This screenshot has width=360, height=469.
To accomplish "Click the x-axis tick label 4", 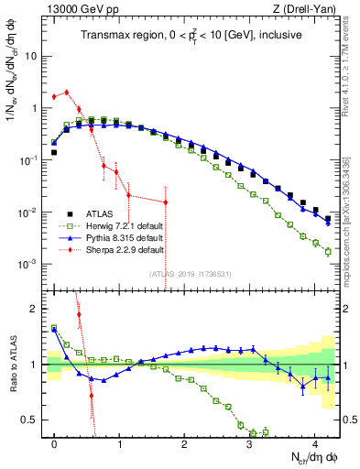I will click(x=315, y=442).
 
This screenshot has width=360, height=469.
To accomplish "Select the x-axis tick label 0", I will click(x=55, y=442).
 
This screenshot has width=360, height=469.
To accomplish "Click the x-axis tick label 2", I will click(x=185, y=442).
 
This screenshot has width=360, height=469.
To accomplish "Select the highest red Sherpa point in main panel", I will click(x=67, y=92).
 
